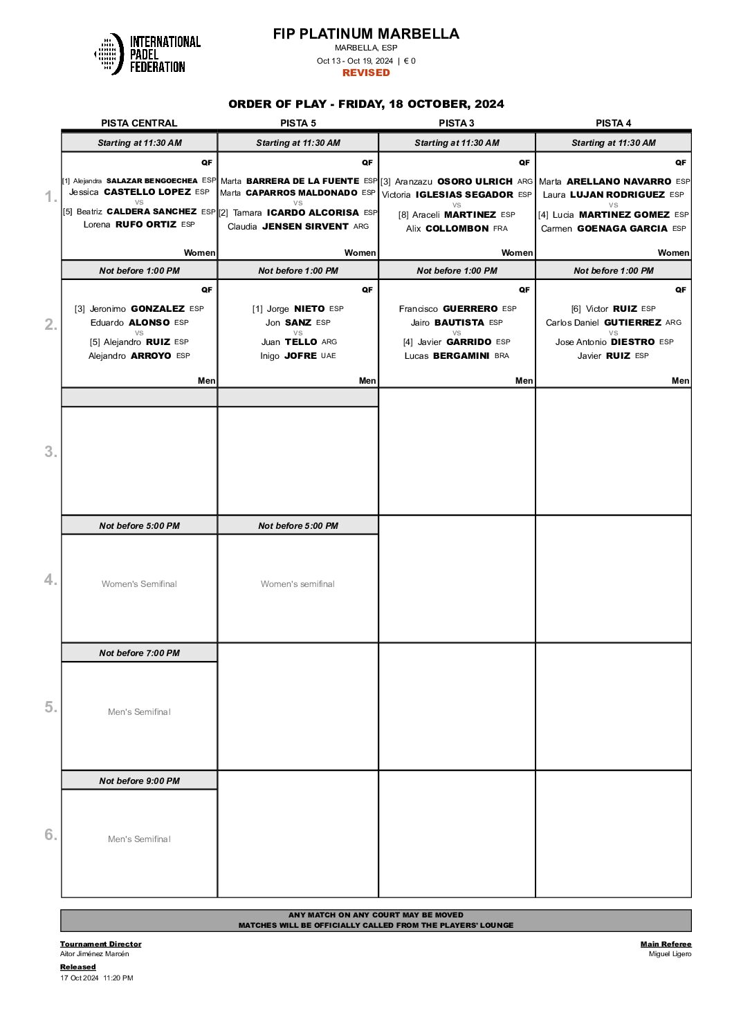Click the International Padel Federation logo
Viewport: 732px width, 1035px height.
coord(147,54)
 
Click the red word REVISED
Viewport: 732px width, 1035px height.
coord(366,73)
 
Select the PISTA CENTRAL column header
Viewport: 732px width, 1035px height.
coord(139,123)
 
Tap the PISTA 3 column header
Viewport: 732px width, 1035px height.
coord(457,123)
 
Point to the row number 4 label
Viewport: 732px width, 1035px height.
coord(51,579)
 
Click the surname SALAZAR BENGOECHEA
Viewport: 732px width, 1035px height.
coord(152,180)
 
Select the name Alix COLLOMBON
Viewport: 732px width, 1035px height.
coord(457,228)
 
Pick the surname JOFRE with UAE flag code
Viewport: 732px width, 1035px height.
coord(300,356)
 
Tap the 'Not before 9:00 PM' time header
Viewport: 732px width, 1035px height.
coord(139,781)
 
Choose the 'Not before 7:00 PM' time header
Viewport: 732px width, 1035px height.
coord(139,653)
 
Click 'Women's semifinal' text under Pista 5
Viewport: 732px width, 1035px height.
coord(298,584)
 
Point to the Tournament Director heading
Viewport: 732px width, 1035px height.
coord(100,944)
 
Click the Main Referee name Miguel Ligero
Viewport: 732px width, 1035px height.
coord(670,954)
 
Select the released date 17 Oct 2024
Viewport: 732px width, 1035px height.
coord(80,978)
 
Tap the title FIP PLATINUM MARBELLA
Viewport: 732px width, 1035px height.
coord(366,34)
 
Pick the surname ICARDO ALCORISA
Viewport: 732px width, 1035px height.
coord(313,213)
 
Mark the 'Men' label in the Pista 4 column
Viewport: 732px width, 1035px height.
coord(680,381)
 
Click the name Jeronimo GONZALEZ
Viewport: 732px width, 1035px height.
coord(139,309)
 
